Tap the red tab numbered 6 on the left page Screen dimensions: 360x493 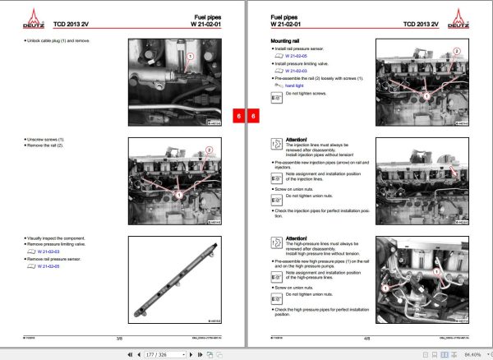237,117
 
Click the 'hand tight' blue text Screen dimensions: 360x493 295,85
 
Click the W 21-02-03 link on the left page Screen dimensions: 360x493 43,252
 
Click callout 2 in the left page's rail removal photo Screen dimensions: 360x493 209,150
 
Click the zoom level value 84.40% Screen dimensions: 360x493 472,353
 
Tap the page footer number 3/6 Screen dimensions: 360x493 119,338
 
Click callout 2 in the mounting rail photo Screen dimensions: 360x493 456,51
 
